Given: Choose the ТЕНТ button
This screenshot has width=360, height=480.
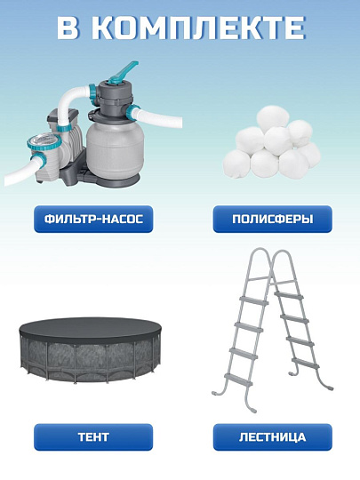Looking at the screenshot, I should tap(92, 437).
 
